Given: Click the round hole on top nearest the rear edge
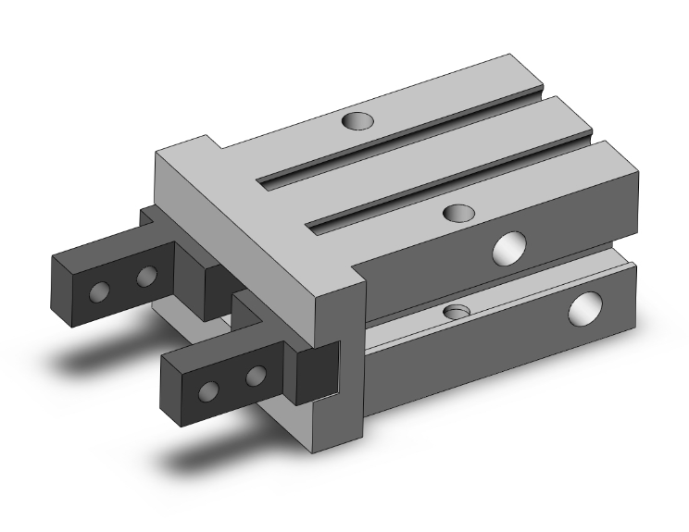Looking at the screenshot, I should tap(354, 120).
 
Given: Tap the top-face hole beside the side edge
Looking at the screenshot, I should tap(457, 214).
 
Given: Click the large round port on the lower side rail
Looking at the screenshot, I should tap(585, 310).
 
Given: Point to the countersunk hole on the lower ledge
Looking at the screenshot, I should tap(455, 310).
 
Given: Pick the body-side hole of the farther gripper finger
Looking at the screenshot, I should tap(146, 277).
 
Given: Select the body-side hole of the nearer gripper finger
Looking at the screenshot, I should tap(257, 375).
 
